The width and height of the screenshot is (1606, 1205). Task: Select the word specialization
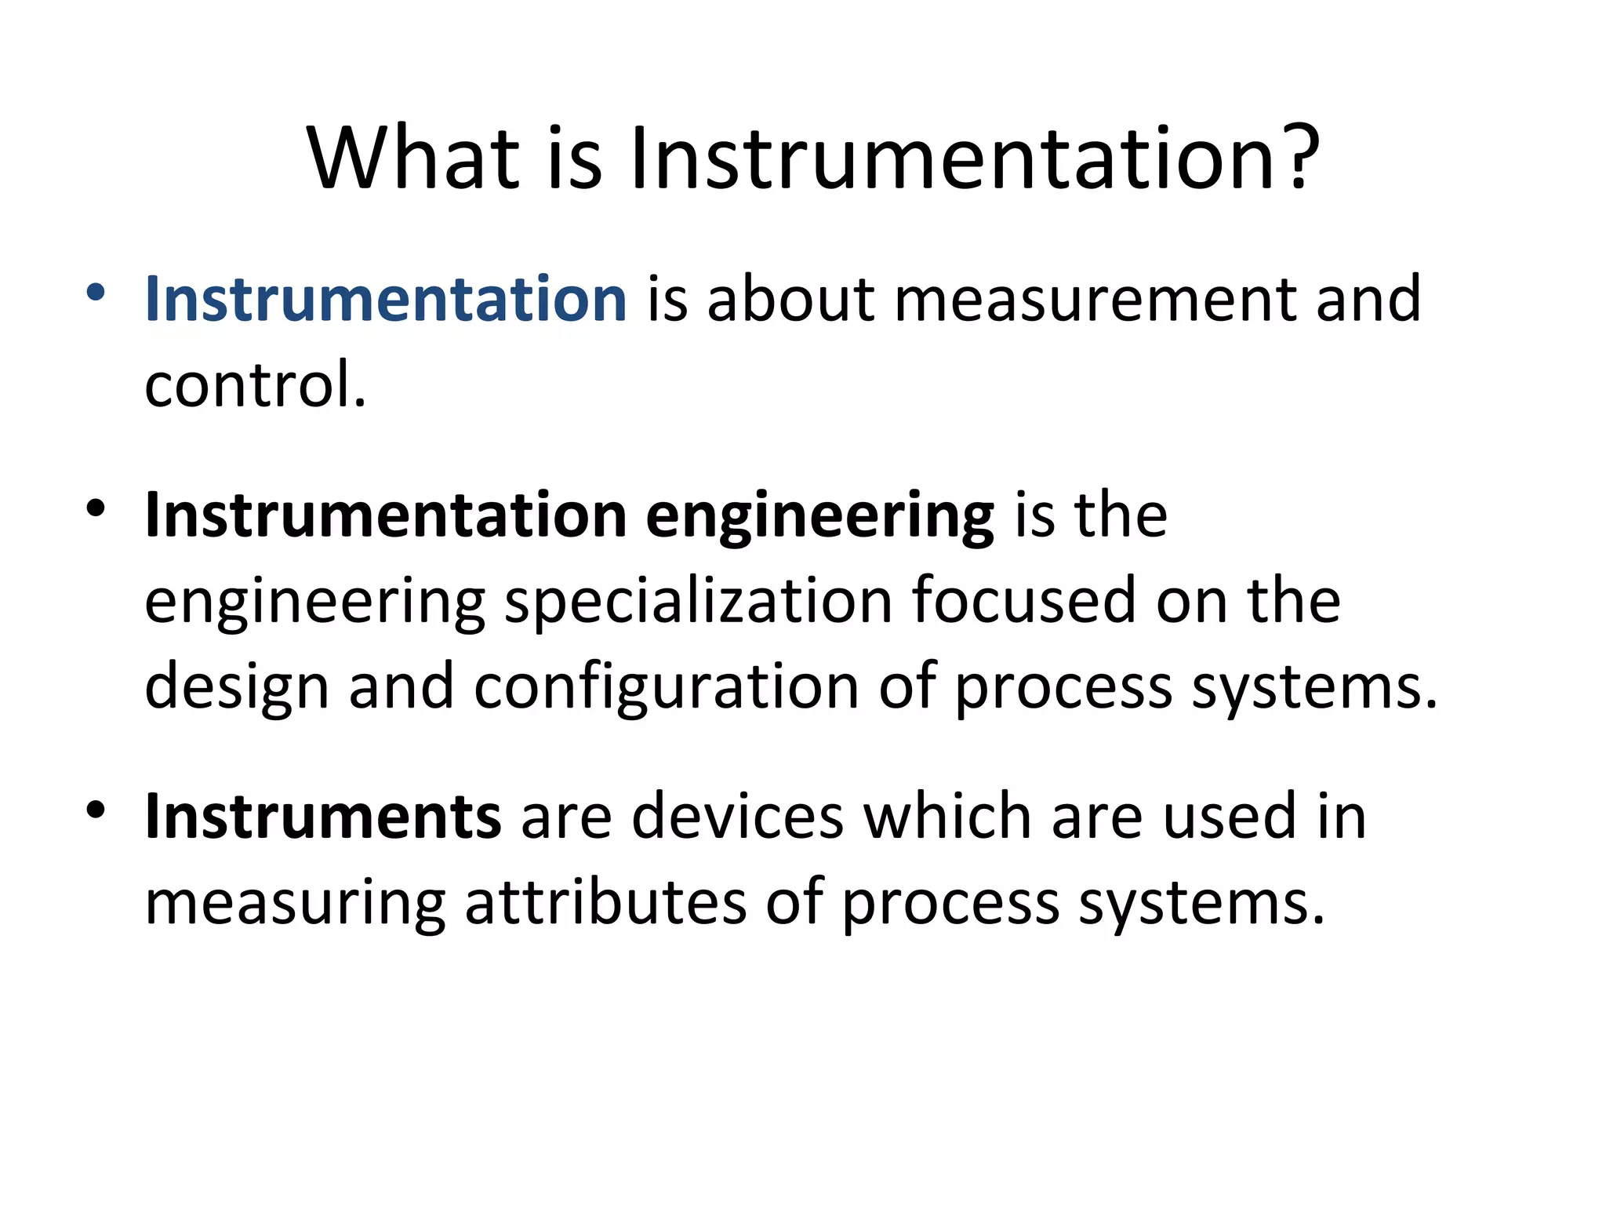coord(698,602)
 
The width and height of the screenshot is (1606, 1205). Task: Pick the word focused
coord(1023,602)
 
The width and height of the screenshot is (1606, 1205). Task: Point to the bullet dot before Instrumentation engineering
coord(96,509)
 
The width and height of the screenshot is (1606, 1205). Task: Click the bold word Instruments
coord(322,817)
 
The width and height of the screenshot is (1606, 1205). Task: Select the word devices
coord(737,817)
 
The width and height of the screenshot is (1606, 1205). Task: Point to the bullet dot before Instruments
coord(96,810)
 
